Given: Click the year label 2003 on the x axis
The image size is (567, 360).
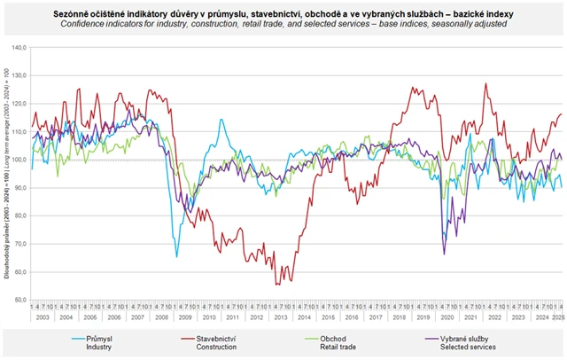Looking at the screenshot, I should [x=42, y=317].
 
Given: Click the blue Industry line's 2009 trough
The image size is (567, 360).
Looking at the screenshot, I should [x=176, y=256].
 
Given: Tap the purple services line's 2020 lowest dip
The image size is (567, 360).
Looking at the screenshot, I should [x=443, y=254].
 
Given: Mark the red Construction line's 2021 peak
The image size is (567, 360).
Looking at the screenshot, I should [x=485, y=84].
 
